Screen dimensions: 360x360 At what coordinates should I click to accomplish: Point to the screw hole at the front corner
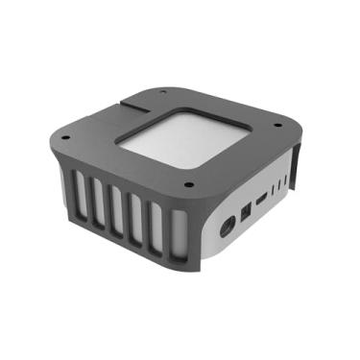tap(188, 184)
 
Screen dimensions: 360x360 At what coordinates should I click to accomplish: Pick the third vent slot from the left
tap(117, 220)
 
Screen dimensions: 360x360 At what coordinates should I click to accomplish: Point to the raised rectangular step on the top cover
tap(144, 100)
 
